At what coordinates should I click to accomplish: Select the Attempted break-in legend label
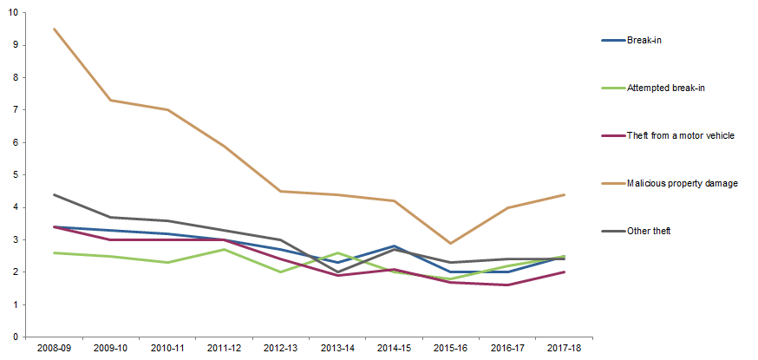click(x=664, y=88)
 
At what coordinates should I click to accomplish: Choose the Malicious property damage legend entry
click(x=682, y=183)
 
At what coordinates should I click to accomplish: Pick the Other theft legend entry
click(x=649, y=231)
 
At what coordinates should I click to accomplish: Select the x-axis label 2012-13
click(x=280, y=347)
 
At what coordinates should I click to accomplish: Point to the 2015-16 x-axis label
click(x=451, y=347)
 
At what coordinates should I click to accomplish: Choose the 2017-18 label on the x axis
click(x=565, y=347)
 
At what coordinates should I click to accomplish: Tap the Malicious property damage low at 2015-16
click(x=451, y=243)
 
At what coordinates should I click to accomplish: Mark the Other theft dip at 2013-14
click(x=337, y=272)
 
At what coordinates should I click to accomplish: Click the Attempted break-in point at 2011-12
click(x=224, y=250)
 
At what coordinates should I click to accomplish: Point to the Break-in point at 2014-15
click(x=394, y=246)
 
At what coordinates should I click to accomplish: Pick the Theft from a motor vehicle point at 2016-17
click(x=507, y=285)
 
